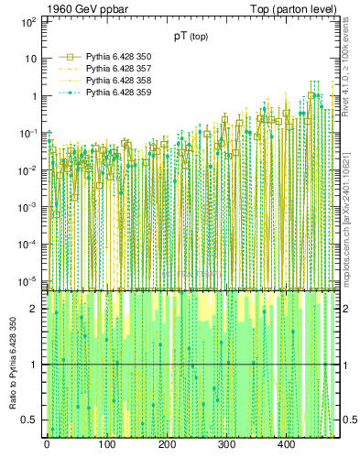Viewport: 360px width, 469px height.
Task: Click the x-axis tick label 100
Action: (106, 445)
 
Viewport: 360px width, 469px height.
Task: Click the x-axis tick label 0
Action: (47, 445)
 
